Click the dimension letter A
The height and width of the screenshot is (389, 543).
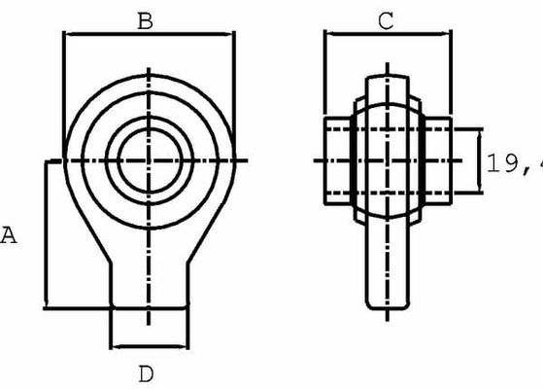coord(10,234)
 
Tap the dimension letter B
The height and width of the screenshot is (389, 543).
coord(145,20)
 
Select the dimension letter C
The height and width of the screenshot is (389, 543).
coord(386,21)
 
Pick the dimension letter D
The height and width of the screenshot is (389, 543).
coord(146,373)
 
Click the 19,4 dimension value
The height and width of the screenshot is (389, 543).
coord(512,162)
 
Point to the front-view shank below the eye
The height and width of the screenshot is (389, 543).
coord(148,282)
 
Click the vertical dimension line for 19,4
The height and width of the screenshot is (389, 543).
coord(480,160)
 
